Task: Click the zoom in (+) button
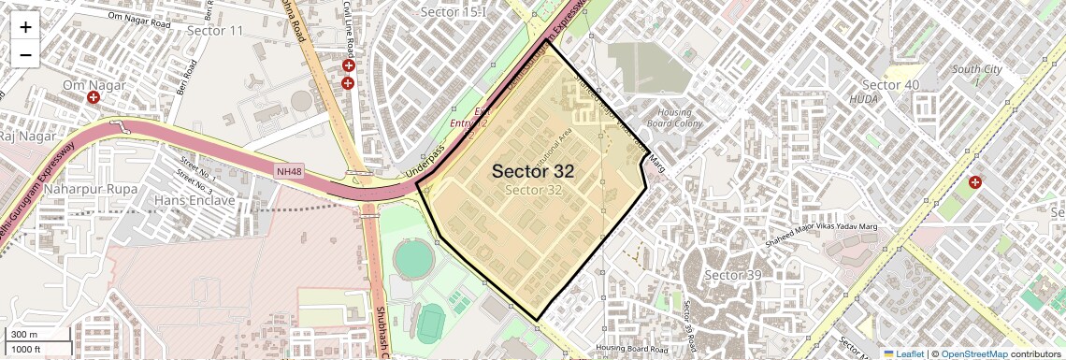[25, 27]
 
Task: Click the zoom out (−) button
[25, 54]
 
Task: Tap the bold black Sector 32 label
[532, 171]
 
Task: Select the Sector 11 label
[215, 31]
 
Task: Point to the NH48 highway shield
[288, 171]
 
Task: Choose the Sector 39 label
[734, 275]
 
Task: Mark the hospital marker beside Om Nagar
[94, 98]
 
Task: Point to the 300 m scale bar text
[24, 335]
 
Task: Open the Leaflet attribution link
[903, 353]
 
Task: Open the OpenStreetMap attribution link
[974, 353]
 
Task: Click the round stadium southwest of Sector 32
[412, 258]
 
